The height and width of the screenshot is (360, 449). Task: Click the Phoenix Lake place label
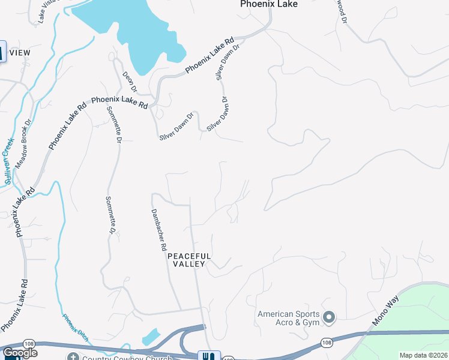(x=268, y=4)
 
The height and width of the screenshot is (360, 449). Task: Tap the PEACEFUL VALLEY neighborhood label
(x=190, y=259)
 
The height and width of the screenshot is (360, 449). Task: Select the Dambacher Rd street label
(x=158, y=229)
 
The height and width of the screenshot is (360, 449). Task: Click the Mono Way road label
(x=385, y=311)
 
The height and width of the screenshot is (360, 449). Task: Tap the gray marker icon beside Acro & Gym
(x=328, y=316)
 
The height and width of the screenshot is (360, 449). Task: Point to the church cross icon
(x=72, y=356)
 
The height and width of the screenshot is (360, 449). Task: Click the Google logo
(x=20, y=353)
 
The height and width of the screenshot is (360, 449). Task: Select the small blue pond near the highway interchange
(x=151, y=336)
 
